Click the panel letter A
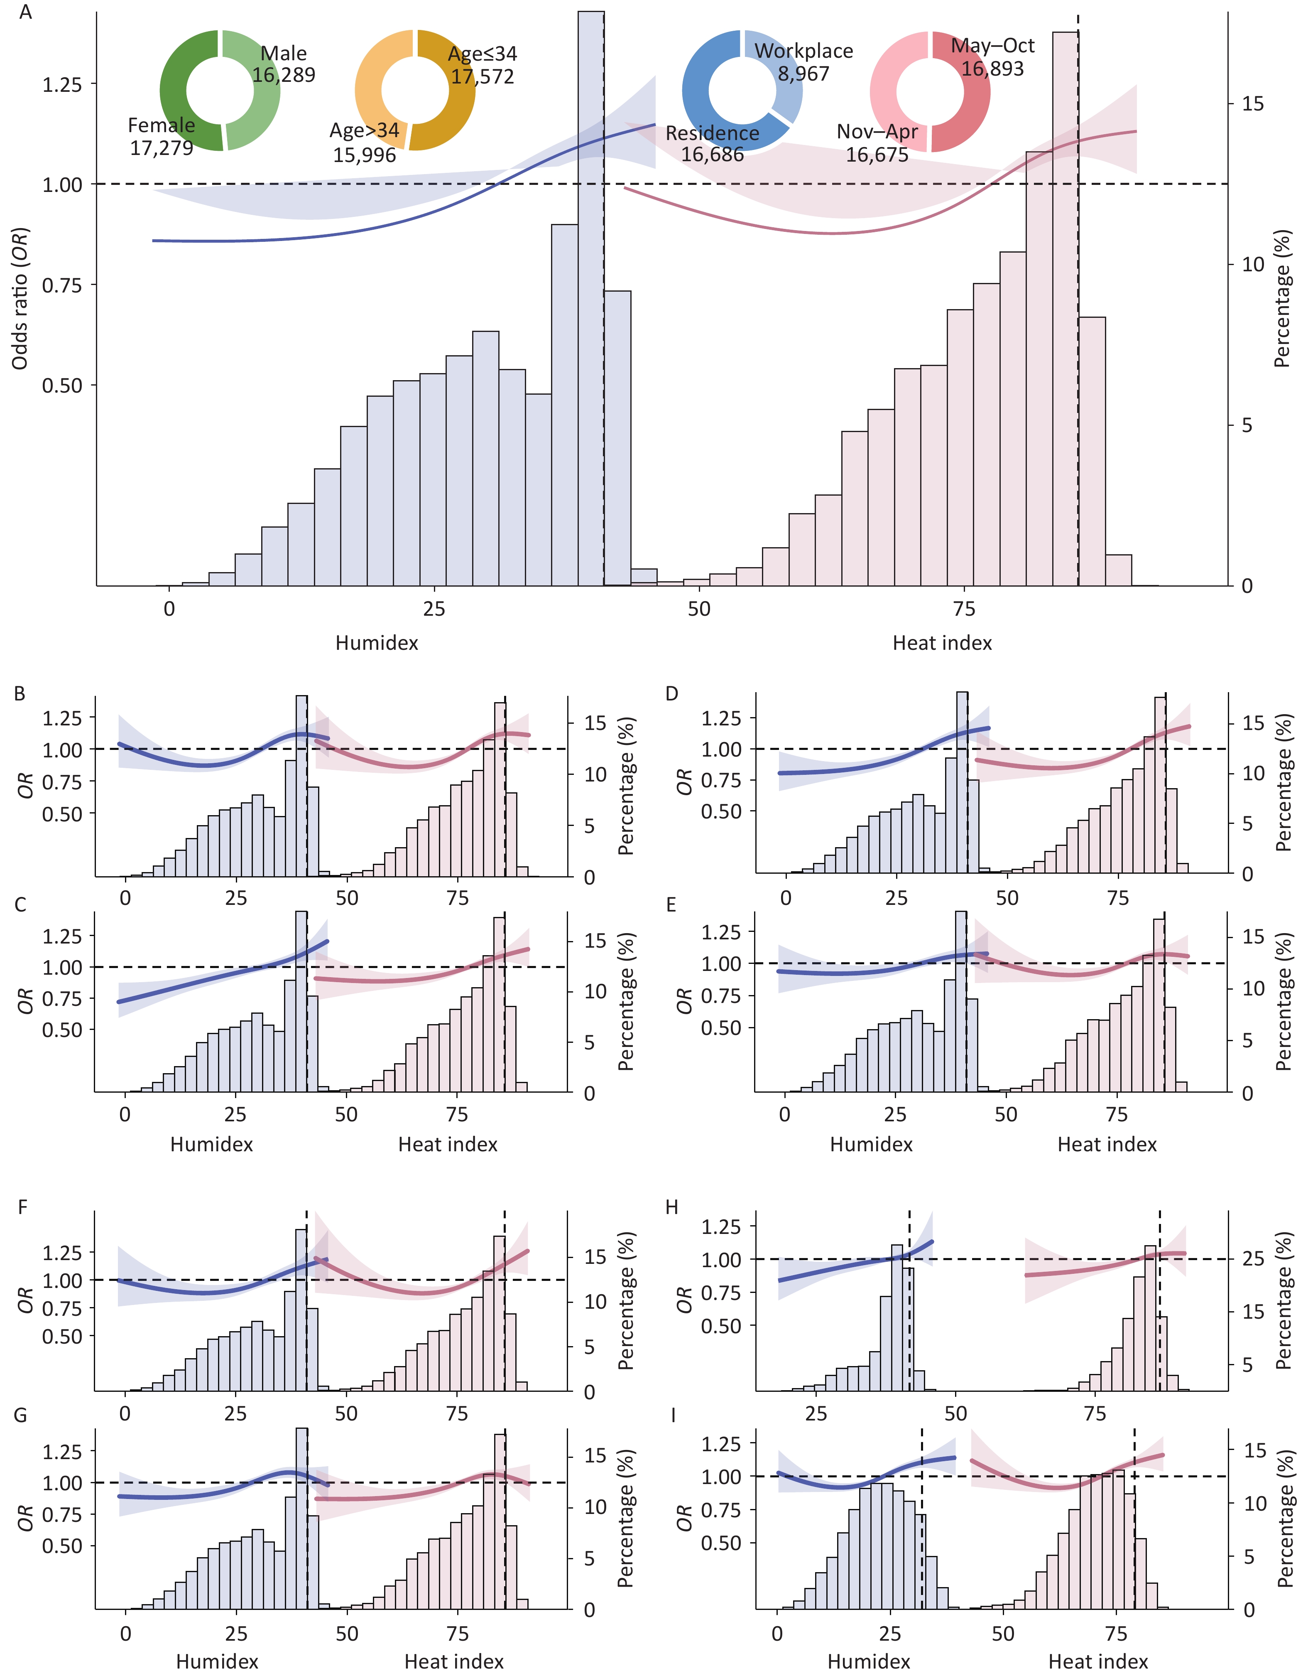coord(25,13)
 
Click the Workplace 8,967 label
coord(803,62)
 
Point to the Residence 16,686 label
coord(712,143)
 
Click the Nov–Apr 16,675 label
coord(877,143)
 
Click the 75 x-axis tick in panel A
coord(963,609)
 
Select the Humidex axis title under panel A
coord(377,643)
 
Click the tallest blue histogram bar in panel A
coord(591,307)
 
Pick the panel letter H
coord(672,1208)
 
